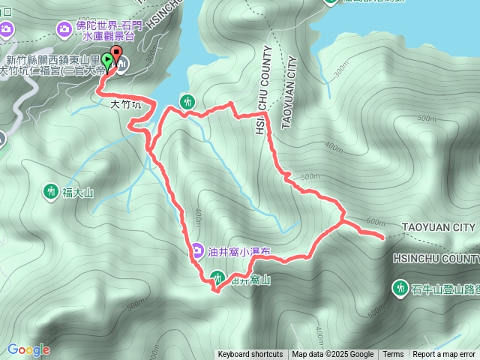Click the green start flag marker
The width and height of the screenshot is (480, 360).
[x=108, y=61]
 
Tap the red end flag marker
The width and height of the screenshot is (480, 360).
[x=117, y=58]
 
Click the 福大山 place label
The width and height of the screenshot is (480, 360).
[x=78, y=193]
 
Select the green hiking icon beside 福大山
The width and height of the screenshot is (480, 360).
[x=51, y=192]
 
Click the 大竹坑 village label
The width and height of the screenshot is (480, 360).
[x=125, y=105]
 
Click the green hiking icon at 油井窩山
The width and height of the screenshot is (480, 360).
[x=217, y=277]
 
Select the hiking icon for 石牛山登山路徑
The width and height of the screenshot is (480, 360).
[x=400, y=287]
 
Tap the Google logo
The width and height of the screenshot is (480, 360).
[x=28, y=349]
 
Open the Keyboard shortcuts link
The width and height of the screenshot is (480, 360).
[x=250, y=355]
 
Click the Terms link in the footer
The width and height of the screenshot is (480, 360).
[x=393, y=355]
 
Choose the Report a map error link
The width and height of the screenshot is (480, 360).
[x=444, y=355]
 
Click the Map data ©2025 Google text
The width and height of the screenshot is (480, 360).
[x=333, y=355]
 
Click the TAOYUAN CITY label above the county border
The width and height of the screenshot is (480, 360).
[x=439, y=227]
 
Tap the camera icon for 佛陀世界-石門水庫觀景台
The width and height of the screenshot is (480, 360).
[x=65, y=28]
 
